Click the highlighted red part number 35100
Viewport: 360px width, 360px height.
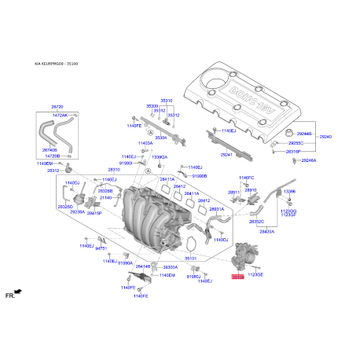pos(238,277)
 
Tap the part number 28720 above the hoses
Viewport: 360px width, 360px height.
pos(57,105)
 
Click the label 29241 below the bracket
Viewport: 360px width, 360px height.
pos(227,155)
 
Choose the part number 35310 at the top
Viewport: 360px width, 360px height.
pos(166,101)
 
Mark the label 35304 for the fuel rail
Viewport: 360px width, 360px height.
pos(160,138)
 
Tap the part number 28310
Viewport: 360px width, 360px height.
pos(114,169)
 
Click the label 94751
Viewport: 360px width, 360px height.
pos(101,248)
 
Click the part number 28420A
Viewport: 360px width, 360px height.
pos(266,232)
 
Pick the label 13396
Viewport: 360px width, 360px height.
pos(290,191)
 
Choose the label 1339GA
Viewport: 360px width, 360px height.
pos(159,157)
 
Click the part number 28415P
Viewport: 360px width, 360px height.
pos(94,213)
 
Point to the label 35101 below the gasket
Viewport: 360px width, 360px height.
pos(190,257)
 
